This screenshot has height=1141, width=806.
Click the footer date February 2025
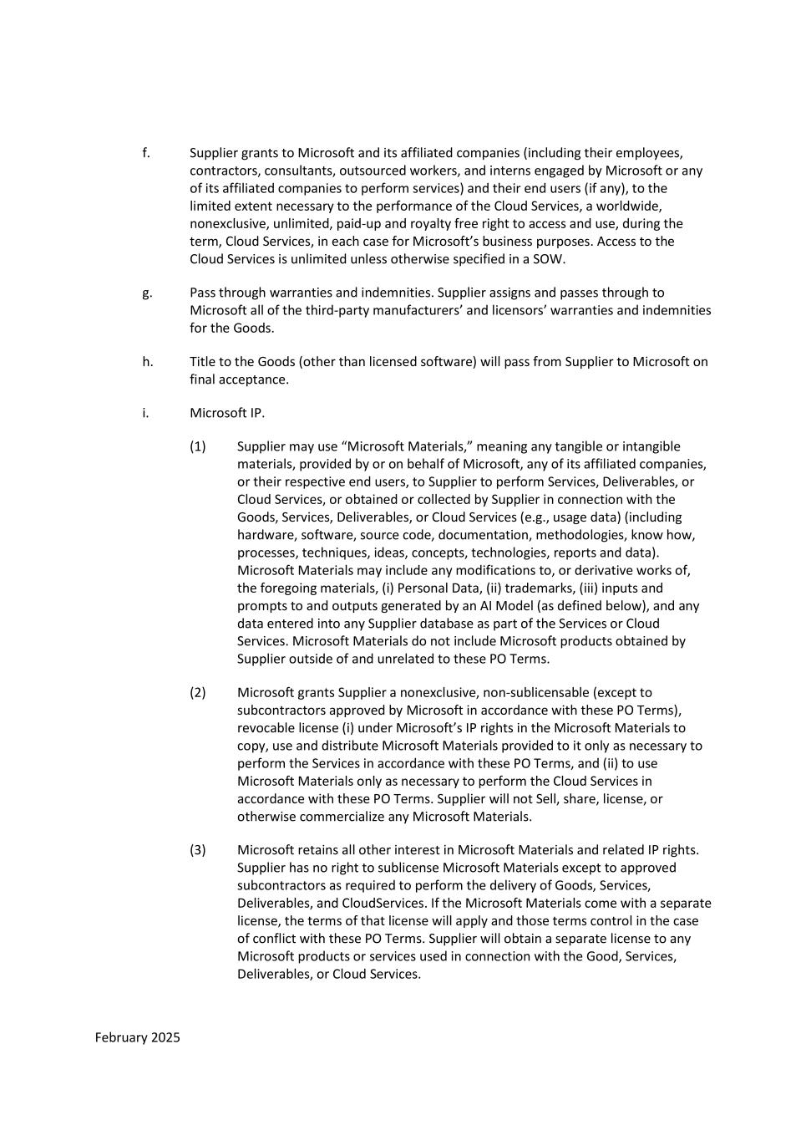click(137, 1037)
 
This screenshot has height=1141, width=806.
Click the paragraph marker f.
click(146, 153)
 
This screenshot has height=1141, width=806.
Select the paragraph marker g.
click(147, 293)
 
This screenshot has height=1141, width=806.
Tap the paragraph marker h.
click(147, 362)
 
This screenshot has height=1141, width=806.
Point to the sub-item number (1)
click(197, 446)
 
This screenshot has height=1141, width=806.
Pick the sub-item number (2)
click(197, 692)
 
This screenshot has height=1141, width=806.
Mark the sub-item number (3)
click(197, 850)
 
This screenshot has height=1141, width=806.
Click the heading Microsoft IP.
click(227, 413)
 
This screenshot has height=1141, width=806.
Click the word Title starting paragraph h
click(203, 362)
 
